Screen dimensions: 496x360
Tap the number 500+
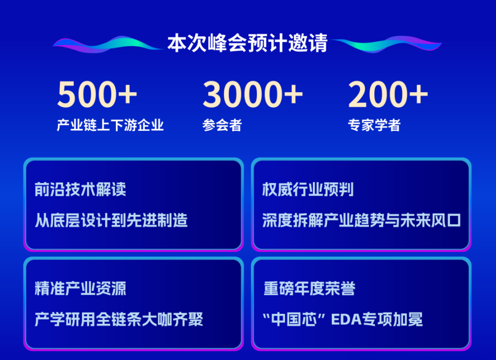97,94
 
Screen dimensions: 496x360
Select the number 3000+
253,94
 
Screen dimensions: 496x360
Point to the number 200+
388,94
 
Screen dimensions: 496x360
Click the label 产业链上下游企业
110,125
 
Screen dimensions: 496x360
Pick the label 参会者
222,125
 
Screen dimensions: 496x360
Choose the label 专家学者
374,125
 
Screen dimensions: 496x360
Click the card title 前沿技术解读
81,190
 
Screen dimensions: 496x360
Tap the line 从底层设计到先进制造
111,220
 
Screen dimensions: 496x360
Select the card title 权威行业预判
308,190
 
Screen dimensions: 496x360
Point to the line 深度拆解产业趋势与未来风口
361,220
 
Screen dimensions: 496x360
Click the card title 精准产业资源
81,289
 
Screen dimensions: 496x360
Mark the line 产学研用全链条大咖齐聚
118,319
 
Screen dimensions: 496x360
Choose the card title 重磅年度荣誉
309,289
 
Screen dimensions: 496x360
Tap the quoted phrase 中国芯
294,319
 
